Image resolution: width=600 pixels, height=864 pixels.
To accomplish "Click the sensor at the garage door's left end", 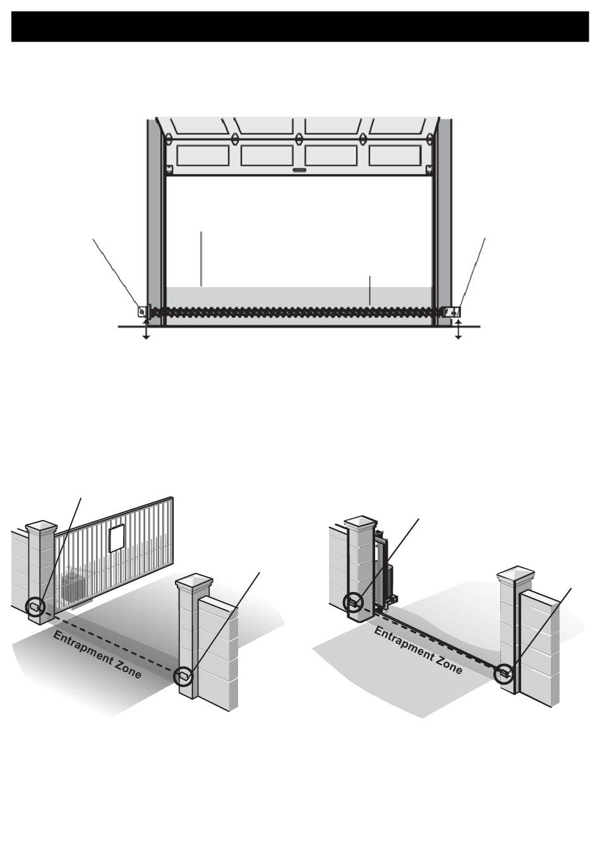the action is coord(142,311).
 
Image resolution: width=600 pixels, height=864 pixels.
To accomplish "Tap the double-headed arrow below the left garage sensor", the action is coord(146,329).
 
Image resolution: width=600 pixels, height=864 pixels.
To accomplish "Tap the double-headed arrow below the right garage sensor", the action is coord(459,329).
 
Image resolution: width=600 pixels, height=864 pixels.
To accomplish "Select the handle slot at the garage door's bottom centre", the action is coord(299,170).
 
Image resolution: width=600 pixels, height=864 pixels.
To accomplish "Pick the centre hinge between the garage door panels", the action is coord(299,139).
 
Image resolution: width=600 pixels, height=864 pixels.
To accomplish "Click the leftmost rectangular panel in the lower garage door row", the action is coord(203,155).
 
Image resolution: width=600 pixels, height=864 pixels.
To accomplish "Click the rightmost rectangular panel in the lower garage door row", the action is coord(395,155).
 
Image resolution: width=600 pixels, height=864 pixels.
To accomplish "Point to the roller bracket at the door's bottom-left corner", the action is coord(169,169).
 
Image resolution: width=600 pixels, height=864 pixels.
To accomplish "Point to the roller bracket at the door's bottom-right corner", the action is coord(429,169).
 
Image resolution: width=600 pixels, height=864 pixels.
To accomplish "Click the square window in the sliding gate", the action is coord(117,538).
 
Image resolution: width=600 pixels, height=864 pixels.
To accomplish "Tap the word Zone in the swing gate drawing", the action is coord(448,665).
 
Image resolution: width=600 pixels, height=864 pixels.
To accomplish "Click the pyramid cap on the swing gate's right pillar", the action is coord(516,572).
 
